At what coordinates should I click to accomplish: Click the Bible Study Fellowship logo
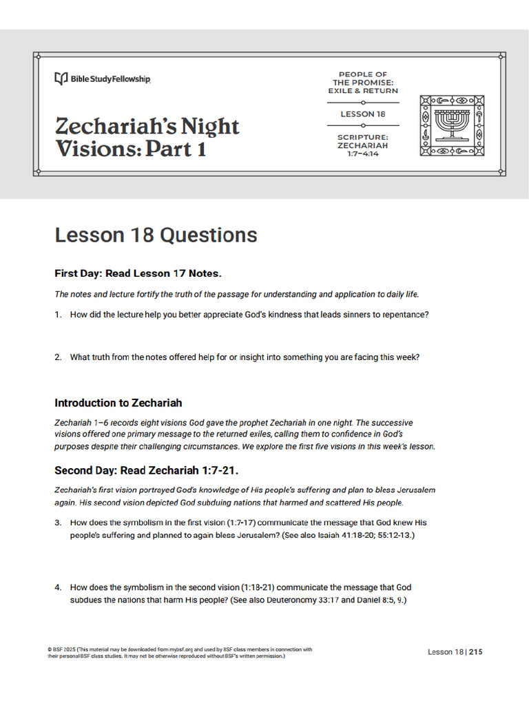pyautogui.click(x=103, y=79)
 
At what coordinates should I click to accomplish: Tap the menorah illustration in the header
pyautogui.click(x=453, y=125)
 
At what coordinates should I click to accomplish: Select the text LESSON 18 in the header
pyautogui.click(x=362, y=114)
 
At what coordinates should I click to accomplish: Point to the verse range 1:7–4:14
pyautogui.click(x=362, y=154)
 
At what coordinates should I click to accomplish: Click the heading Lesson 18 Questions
pyautogui.click(x=156, y=235)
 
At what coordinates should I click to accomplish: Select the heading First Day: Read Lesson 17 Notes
pyautogui.click(x=138, y=274)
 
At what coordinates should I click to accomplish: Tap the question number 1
pyautogui.click(x=58, y=315)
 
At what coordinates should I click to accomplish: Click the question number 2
pyautogui.click(x=58, y=357)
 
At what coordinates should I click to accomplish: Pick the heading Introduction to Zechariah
pyautogui.click(x=118, y=403)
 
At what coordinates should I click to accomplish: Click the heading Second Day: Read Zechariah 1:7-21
pyautogui.click(x=147, y=471)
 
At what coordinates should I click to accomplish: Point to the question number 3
pyautogui.click(x=58, y=523)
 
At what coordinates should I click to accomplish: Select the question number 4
pyautogui.click(x=58, y=587)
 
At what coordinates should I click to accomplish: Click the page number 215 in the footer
pyautogui.click(x=476, y=652)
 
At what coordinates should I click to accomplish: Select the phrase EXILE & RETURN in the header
pyautogui.click(x=363, y=91)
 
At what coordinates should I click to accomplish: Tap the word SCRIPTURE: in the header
pyautogui.click(x=362, y=137)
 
